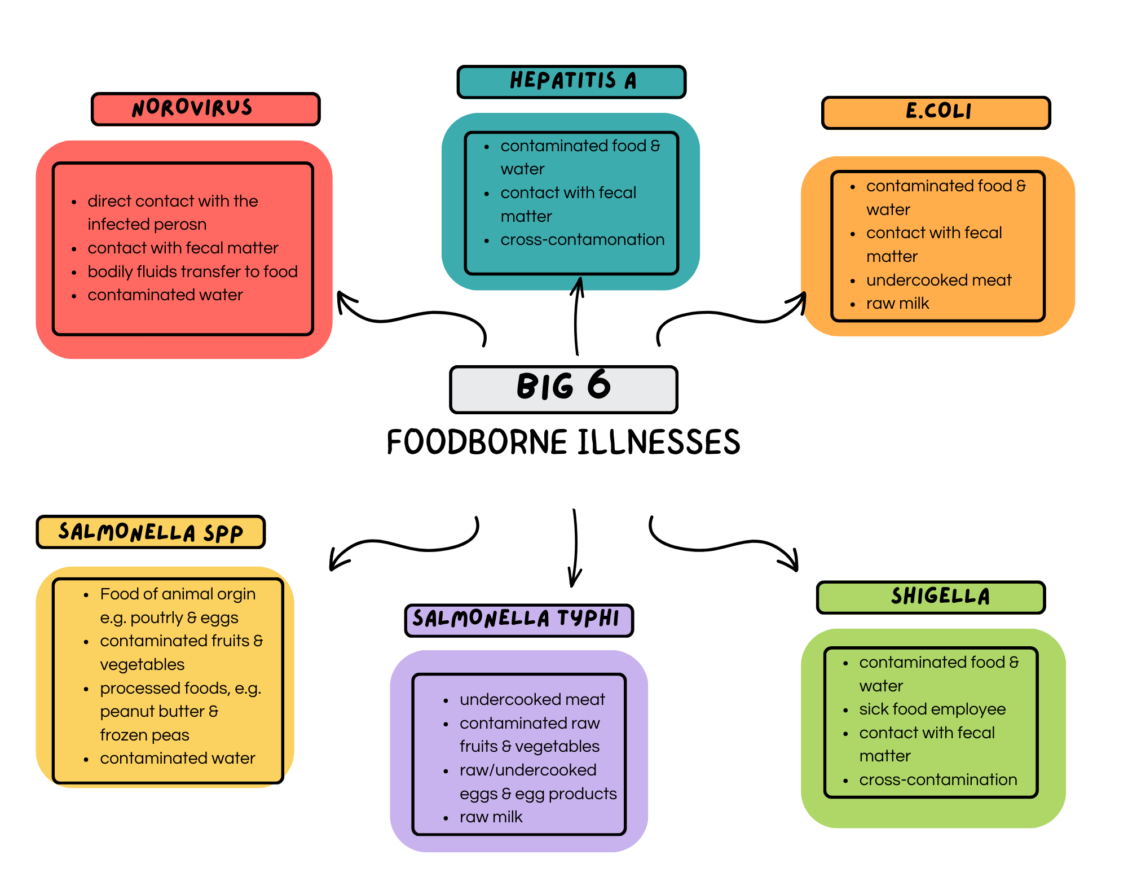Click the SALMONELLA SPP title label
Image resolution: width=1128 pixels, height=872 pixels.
pos(151,532)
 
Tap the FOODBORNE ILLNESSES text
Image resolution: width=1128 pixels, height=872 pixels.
pos(563,442)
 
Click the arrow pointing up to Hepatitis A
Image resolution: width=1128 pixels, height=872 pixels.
pos(576,316)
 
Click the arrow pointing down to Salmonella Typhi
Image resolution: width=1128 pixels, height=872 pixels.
pos(575,547)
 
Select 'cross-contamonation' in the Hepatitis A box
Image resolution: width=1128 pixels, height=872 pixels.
pos(582,240)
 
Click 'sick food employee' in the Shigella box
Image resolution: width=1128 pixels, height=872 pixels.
pos(932,709)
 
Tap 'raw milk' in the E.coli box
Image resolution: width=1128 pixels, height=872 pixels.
pos(897,304)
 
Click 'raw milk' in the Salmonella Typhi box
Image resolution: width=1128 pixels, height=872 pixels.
pos(491,817)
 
